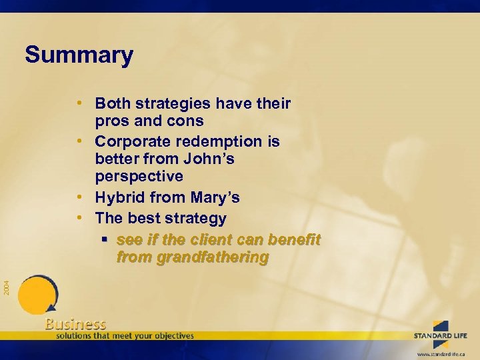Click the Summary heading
(x=79, y=55)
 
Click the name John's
(x=211, y=159)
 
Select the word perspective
(x=139, y=177)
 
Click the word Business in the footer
(x=75, y=324)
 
